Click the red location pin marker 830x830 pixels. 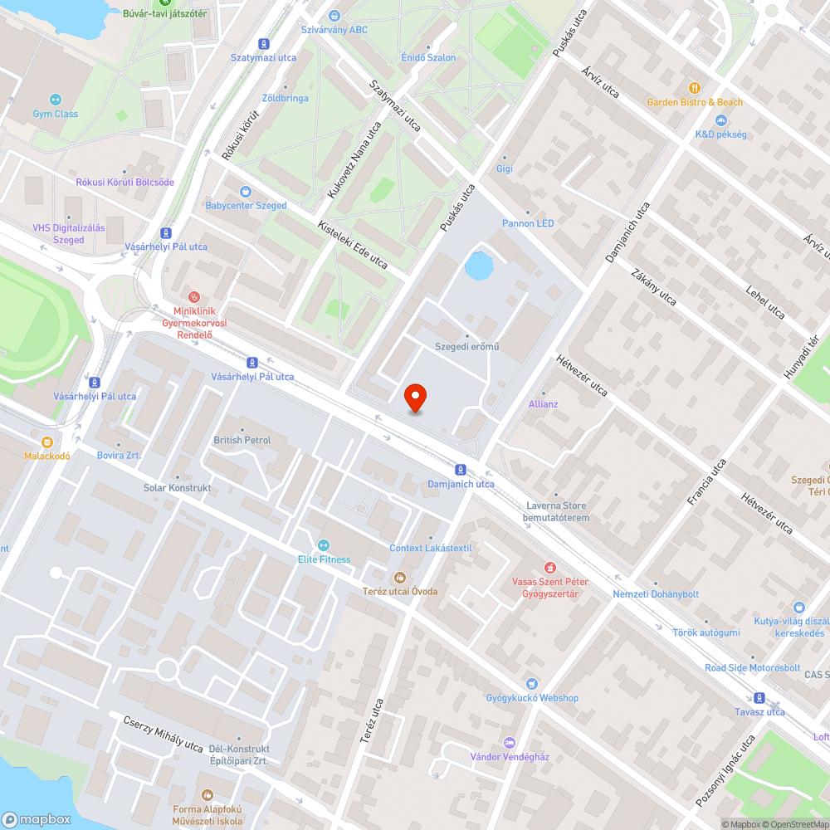[416, 398]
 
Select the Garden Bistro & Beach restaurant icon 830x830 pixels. [695, 87]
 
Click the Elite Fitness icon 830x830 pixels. [324, 545]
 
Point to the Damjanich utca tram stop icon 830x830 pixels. [461, 470]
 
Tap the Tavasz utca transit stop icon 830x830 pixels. [759, 698]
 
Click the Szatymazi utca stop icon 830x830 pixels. [264, 43]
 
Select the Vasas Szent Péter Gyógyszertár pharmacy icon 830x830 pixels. [549, 568]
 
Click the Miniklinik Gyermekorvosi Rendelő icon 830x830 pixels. [194, 295]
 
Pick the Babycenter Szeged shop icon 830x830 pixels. [246, 192]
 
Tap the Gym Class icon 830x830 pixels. [56, 100]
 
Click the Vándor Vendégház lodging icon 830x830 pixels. [510, 742]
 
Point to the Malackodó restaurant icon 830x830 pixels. [46, 442]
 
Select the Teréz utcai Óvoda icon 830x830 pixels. [399, 577]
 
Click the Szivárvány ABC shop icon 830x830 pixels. [334, 16]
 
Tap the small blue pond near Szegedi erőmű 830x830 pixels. [479, 266]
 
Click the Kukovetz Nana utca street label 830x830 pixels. [349, 162]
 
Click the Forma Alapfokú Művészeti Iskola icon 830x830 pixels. [207, 795]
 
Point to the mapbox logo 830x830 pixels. [37, 819]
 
